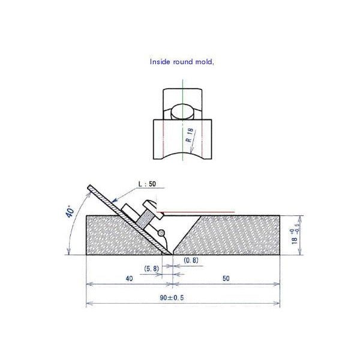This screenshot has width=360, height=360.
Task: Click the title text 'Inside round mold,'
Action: (181, 61)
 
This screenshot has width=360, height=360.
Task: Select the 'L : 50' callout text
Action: (148, 184)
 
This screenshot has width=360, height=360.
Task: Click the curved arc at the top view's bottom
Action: (181, 154)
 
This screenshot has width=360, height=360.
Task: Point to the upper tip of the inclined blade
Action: (89, 185)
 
